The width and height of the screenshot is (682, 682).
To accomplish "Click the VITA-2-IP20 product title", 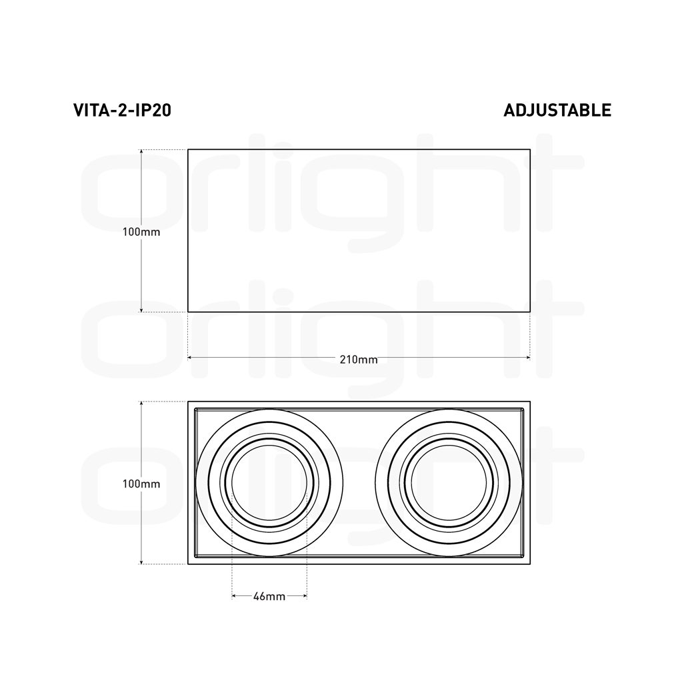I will [x=122, y=110].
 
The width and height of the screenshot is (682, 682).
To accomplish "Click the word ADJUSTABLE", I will [x=557, y=110].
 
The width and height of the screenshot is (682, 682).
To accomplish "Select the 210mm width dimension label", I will [x=359, y=360].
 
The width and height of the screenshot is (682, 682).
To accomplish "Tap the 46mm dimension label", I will [x=269, y=597].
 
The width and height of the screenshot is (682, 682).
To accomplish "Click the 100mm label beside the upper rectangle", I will [x=141, y=232].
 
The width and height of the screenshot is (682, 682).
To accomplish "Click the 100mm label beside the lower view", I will [x=141, y=484].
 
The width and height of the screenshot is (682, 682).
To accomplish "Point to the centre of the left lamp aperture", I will [x=269, y=483].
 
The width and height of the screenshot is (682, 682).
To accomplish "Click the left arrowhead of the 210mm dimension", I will [x=190, y=358].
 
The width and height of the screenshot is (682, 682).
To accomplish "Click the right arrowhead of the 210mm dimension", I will [x=528, y=358].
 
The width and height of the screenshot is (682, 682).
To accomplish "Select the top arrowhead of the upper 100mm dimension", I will [x=142, y=152].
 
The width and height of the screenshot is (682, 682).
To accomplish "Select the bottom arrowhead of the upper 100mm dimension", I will [x=142, y=309].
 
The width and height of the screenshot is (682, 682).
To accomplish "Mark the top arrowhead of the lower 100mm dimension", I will [x=142, y=404].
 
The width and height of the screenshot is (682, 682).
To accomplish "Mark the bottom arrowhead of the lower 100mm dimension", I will [x=142, y=561].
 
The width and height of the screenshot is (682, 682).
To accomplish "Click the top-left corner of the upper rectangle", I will [x=188, y=149].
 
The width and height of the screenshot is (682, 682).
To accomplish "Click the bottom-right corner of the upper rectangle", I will [x=530, y=311].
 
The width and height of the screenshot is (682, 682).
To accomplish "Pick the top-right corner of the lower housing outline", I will [x=530, y=402].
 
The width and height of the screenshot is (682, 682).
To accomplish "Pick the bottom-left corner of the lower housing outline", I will [x=188, y=564].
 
